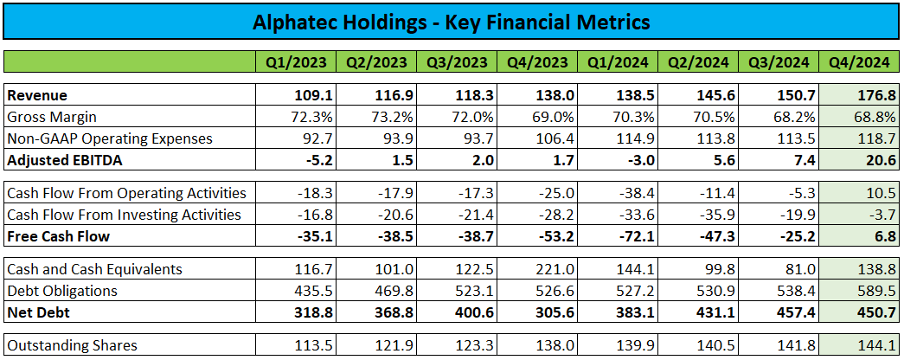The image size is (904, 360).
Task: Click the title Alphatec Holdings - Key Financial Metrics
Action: point(452,22)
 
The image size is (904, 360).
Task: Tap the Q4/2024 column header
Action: point(858,62)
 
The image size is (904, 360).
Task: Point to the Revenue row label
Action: point(37,95)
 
